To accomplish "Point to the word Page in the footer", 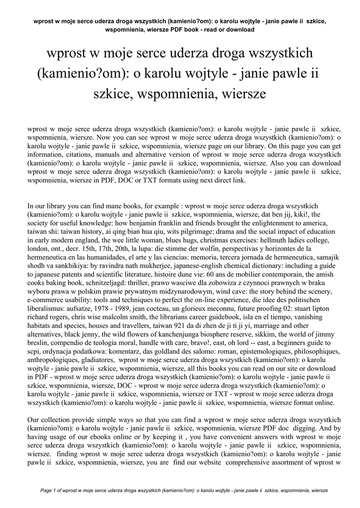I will pos(46,491).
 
